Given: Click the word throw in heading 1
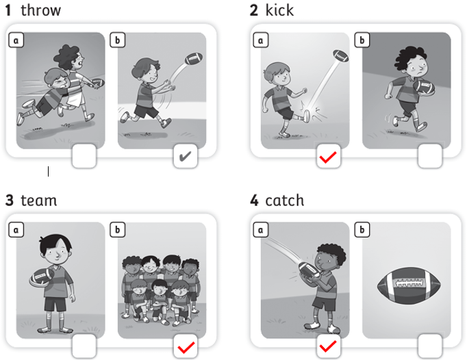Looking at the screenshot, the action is click(x=41, y=10).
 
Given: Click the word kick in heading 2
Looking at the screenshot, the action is click(x=279, y=10).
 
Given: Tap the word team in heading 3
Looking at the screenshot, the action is click(x=39, y=201).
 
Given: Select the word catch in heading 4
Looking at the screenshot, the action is click(x=284, y=201).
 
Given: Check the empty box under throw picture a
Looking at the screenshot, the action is click(x=84, y=156).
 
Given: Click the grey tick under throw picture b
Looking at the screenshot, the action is click(x=186, y=156).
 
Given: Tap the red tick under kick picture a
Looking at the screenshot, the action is click(x=328, y=157).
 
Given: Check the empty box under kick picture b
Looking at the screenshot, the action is click(x=430, y=156).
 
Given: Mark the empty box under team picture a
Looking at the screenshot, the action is click(x=84, y=346).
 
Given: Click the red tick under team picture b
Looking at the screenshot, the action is click(x=186, y=348).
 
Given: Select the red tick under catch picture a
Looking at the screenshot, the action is click(x=328, y=346).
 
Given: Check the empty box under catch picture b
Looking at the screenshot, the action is click(x=430, y=346).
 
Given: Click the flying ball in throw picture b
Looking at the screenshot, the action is click(x=194, y=59).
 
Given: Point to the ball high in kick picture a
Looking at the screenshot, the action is click(x=340, y=55).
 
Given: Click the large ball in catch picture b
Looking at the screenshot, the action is click(x=409, y=285).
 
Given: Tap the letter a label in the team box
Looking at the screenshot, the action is click(x=16, y=230).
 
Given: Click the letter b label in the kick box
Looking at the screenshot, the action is click(x=362, y=40).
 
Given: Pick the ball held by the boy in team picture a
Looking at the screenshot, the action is click(x=41, y=277).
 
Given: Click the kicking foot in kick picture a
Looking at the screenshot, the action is click(x=306, y=116).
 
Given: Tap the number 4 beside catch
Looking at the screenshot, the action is click(x=254, y=201).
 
